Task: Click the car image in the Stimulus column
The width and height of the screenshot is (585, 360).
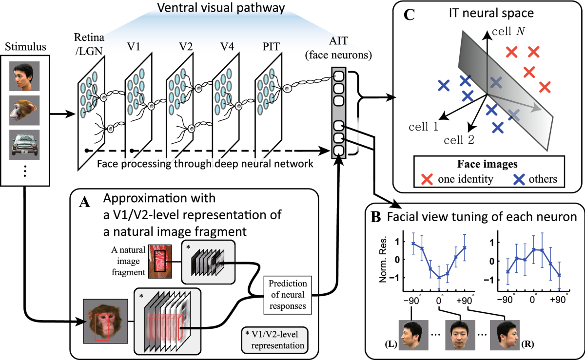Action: [25, 144]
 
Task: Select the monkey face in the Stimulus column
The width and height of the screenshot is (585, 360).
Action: [25, 110]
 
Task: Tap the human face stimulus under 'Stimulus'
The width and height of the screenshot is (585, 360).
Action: [25, 76]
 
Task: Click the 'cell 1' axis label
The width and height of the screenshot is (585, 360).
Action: [423, 127]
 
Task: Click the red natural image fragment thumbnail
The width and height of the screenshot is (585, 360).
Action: [160, 258]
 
